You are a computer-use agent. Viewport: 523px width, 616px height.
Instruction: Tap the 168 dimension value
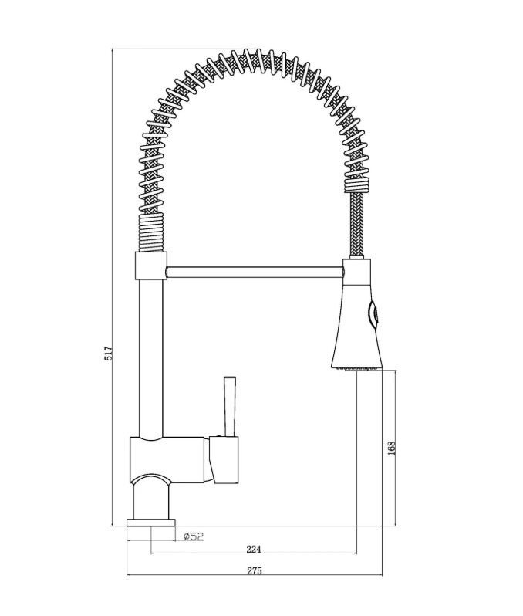tap(391, 448)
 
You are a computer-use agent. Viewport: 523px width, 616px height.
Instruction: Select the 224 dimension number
tap(254, 549)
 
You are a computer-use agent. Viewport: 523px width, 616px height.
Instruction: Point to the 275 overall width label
tap(255, 570)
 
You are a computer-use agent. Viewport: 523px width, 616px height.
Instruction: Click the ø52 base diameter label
tap(194, 536)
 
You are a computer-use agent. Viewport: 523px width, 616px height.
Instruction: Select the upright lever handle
tap(230, 406)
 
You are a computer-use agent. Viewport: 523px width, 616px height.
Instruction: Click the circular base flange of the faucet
tap(151, 523)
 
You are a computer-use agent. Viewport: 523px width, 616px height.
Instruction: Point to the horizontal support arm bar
tap(255, 272)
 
